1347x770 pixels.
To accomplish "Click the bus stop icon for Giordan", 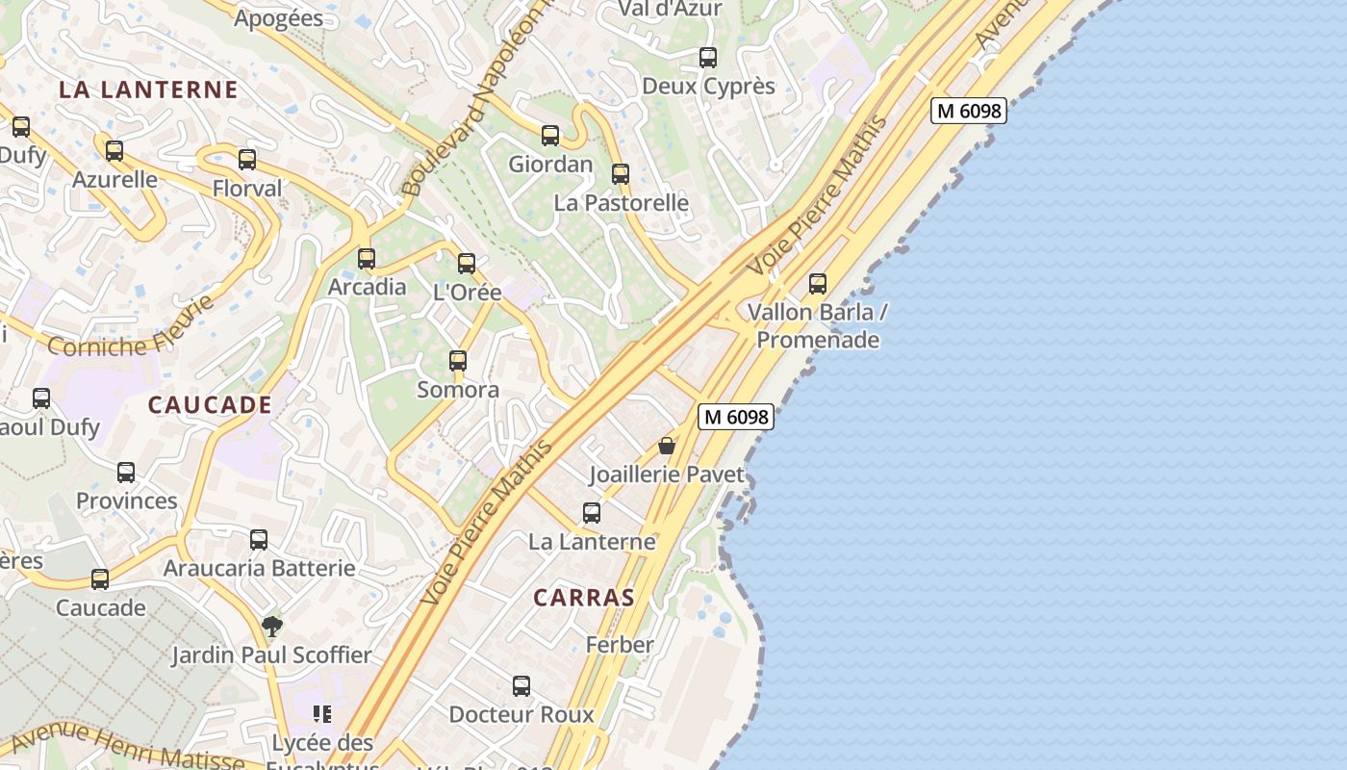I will pyautogui.click(x=550, y=136).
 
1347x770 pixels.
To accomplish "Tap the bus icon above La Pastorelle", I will pyautogui.click(x=621, y=174).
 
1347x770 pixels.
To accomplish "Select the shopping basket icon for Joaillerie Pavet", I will pyautogui.click(x=667, y=446).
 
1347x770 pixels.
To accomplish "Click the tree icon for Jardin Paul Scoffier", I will pyautogui.click(x=272, y=627).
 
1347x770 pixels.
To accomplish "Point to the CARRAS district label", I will pyautogui.click(x=584, y=598).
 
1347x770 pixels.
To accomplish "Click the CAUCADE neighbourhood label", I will pyautogui.click(x=210, y=404).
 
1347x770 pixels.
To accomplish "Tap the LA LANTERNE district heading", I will pyautogui.click(x=148, y=90).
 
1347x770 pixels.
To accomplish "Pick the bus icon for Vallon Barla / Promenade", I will pyautogui.click(x=818, y=284).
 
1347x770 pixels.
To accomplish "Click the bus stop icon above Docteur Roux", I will pyautogui.click(x=521, y=686).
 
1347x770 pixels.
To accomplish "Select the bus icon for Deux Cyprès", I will pyautogui.click(x=708, y=58).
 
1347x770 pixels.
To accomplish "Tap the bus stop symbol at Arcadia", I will pyautogui.click(x=367, y=259).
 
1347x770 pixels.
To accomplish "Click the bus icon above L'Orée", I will pyautogui.click(x=467, y=264).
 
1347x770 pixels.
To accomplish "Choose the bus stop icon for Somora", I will pyautogui.click(x=458, y=361).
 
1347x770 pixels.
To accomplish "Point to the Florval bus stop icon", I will pyautogui.click(x=247, y=160).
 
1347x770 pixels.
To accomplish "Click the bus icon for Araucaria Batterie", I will pyautogui.click(x=259, y=540).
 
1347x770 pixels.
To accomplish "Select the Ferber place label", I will pyautogui.click(x=620, y=645).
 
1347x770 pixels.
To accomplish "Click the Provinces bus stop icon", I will pyautogui.click(x=126, y=473).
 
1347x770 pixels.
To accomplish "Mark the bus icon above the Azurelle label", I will pyautogui.click(x=114, y=151).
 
